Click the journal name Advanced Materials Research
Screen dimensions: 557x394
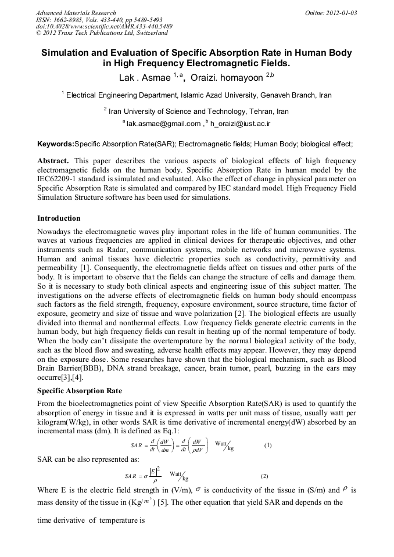coord(76,13)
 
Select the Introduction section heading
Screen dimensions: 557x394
coord(59,218)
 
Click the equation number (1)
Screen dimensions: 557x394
coord(268,445)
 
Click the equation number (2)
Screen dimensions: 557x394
coord(264,476)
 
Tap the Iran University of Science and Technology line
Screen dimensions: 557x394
coord(196,111)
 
